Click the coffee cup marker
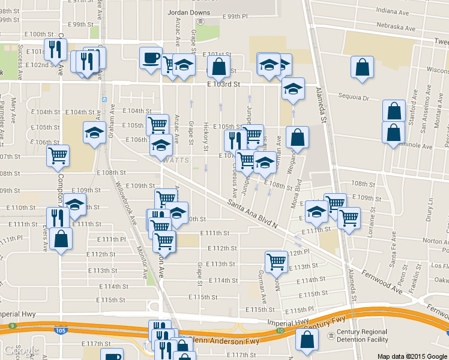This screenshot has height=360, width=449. tap(151, 58)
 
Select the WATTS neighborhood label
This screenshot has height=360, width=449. tap(176, 161)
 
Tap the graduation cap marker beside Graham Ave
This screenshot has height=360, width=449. tap(94, 132)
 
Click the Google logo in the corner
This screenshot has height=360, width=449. tap(21, 351)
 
